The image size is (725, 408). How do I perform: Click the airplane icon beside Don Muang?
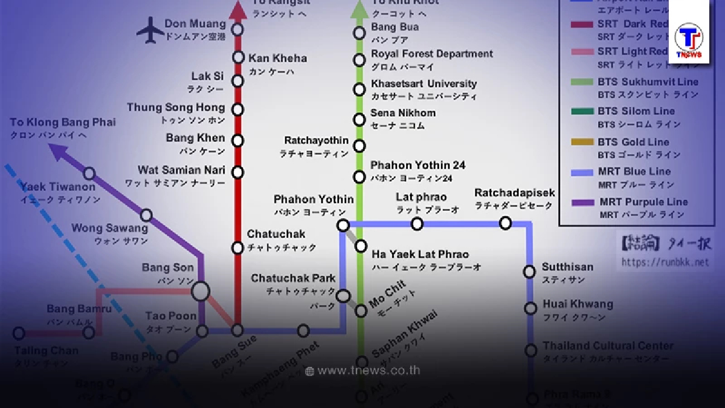pos(150,30)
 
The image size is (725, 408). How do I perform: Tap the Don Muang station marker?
pos(238,28)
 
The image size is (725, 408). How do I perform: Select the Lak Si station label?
pos(206,77)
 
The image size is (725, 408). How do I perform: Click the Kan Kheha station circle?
pos(238,58)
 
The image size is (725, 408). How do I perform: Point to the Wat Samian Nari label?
pos(181,170)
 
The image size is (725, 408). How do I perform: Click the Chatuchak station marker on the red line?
pos(237,248)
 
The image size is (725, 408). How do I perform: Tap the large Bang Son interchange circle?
pos(201,292)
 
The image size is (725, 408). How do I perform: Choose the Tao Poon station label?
pos(171,316)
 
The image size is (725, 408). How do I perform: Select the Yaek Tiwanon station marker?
pos(89,174)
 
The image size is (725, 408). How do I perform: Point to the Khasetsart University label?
pos(424,84)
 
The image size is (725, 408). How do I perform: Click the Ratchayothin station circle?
pos(359,146)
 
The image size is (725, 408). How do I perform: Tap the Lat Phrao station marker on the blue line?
pos(417,224)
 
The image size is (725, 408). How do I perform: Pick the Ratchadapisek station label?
pos(514,193)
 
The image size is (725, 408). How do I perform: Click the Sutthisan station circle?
pos(530,272)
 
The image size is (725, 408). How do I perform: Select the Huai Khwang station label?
pos(578,304)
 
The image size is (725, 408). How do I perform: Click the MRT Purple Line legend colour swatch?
pos(583,202)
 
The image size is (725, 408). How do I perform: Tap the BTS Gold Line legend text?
pos(633,142)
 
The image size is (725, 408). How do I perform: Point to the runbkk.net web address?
pos(665,262)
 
